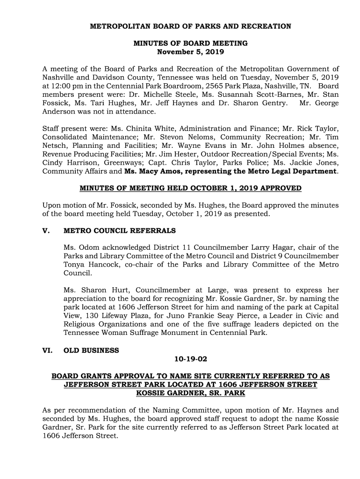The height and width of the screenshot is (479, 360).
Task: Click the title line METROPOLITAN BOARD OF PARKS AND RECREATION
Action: tap(190, 26)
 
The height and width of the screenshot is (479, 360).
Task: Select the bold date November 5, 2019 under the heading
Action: tap(190, 51)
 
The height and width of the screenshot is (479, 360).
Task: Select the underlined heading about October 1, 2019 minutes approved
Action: tap(190, 189)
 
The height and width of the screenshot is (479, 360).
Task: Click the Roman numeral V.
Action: tap(45, 231)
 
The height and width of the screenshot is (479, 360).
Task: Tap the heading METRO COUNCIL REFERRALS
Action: tap(120, 231)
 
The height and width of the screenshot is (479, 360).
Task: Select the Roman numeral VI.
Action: tap(47, 350)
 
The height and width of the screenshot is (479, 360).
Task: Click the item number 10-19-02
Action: tap(190, 359)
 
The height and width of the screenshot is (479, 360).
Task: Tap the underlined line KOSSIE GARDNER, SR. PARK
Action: tap(190, 393)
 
